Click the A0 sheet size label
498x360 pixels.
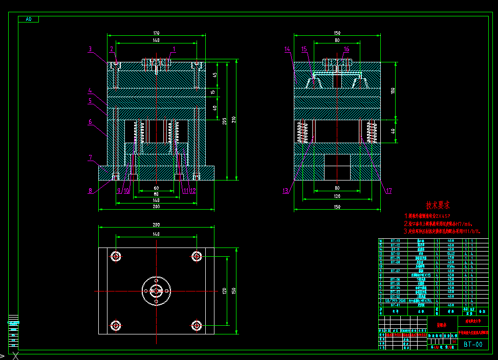coord(28,19)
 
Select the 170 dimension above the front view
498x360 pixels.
coord(156,32)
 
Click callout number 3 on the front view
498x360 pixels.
coord(90,50)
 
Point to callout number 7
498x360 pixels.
coord(90,157)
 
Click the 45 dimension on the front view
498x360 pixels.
coord(215,74)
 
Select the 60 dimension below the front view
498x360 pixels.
coord(156,188)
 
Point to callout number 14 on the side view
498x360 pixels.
coord(287,49)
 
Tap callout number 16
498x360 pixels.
coord(347,49)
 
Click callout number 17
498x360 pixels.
coord(389,191)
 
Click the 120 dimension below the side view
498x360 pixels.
coord(337,196)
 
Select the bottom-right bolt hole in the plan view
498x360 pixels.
coord(197,325)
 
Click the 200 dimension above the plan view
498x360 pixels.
coord(156,224)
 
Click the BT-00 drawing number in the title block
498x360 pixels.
coord(473,345)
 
